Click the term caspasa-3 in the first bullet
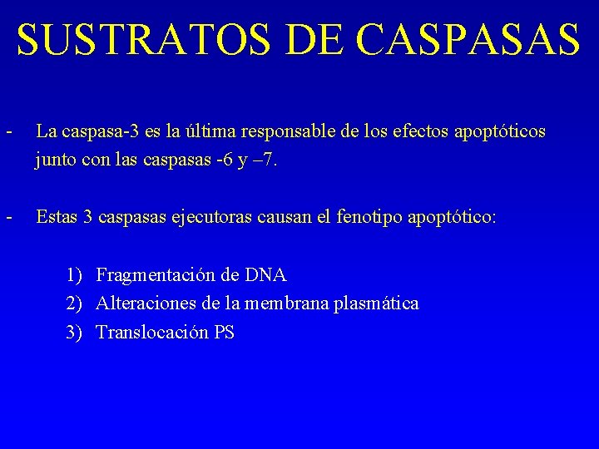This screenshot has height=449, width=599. coord(93,132)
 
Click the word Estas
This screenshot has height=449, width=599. coord(56,218)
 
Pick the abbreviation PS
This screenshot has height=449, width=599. coord(224,333)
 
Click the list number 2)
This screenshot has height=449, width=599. coord(75,303)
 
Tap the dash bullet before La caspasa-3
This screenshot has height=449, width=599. coord(7,132)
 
